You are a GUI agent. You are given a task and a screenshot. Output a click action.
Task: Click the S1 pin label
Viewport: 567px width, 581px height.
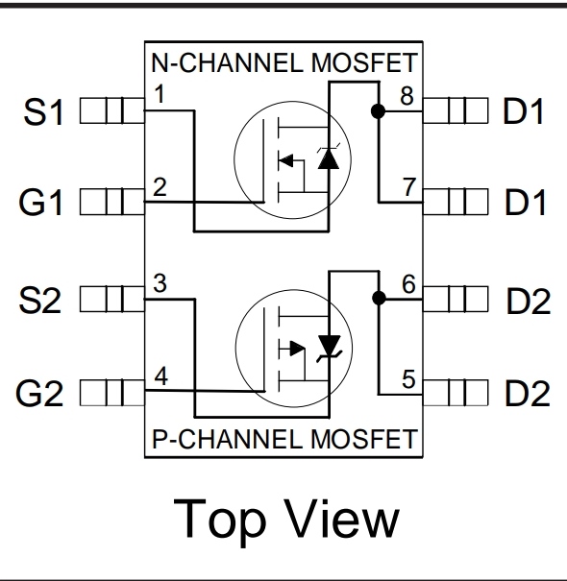[43, 111]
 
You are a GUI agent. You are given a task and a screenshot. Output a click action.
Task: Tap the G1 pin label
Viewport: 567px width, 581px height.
[40, 202]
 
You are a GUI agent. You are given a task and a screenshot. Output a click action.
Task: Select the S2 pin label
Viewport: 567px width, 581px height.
[40, 300]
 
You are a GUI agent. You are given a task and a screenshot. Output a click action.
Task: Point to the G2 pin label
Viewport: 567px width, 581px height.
[39, 393]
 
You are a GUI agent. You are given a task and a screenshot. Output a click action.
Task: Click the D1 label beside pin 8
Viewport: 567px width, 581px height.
[523, 110]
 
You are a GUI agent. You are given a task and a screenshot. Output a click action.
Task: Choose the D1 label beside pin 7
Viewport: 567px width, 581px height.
[525, 202]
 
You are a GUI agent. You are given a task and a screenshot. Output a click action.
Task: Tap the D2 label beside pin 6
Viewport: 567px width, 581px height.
[528, 301]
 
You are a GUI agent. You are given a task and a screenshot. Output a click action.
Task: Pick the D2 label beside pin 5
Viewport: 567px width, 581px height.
[527, 393]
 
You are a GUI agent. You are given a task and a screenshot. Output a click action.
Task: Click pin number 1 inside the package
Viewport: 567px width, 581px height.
[160, 94]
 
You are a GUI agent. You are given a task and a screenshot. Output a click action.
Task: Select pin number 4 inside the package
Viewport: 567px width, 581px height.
[160, 375]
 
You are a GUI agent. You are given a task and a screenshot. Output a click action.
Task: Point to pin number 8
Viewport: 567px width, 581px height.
[407, 96]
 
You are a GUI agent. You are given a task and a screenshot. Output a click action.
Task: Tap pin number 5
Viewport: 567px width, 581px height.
[408, 379]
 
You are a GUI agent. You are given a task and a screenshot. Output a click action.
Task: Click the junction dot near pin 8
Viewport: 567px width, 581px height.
[378, 111]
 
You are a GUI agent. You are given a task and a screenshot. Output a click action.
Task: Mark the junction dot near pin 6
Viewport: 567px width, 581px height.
[379, 299]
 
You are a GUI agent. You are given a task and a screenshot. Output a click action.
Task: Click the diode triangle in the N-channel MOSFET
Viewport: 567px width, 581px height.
[329, 159]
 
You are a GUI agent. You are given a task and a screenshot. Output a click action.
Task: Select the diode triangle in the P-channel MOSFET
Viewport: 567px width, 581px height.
[330, 345]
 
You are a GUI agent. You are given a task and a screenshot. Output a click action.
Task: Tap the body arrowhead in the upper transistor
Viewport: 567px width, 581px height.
[286, 161]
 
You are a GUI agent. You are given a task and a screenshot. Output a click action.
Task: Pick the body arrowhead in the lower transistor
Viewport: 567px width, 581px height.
[298, 349]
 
